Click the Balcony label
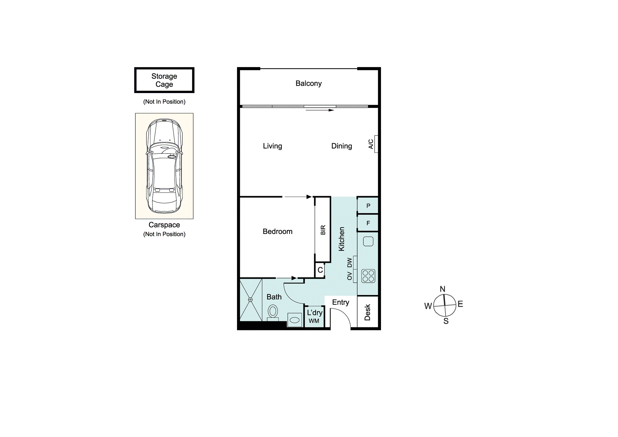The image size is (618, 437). click(x=308, y=84)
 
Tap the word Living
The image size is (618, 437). click(x=273, y=146)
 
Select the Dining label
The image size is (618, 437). click(x=341, y=146)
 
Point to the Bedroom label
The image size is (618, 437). click(x=277, y=231)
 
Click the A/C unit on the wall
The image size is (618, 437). click(x=376, y=144)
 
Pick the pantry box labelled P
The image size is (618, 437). click(x=368, y=205)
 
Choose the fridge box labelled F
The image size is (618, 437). click(x=368, y=223)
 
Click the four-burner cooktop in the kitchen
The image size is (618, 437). click(x=368, y=276)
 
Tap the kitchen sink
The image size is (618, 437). click(x=368, y=241)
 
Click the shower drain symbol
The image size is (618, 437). click(x=250, y=300)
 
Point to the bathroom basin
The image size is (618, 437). click(x=294, y=320)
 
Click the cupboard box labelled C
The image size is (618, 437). click(x=320, y=270)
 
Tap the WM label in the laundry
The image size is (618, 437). click(x=314, y=321)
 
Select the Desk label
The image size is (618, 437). click(x=367, y=312)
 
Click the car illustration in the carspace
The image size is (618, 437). click(x=164, y=166)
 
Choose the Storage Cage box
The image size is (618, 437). click(x=164, y=80)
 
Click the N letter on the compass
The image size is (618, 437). click(x=442, y=289)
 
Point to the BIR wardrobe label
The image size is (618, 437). click(x=323, y=230)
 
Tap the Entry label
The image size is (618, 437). click(x=341, y=302)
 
